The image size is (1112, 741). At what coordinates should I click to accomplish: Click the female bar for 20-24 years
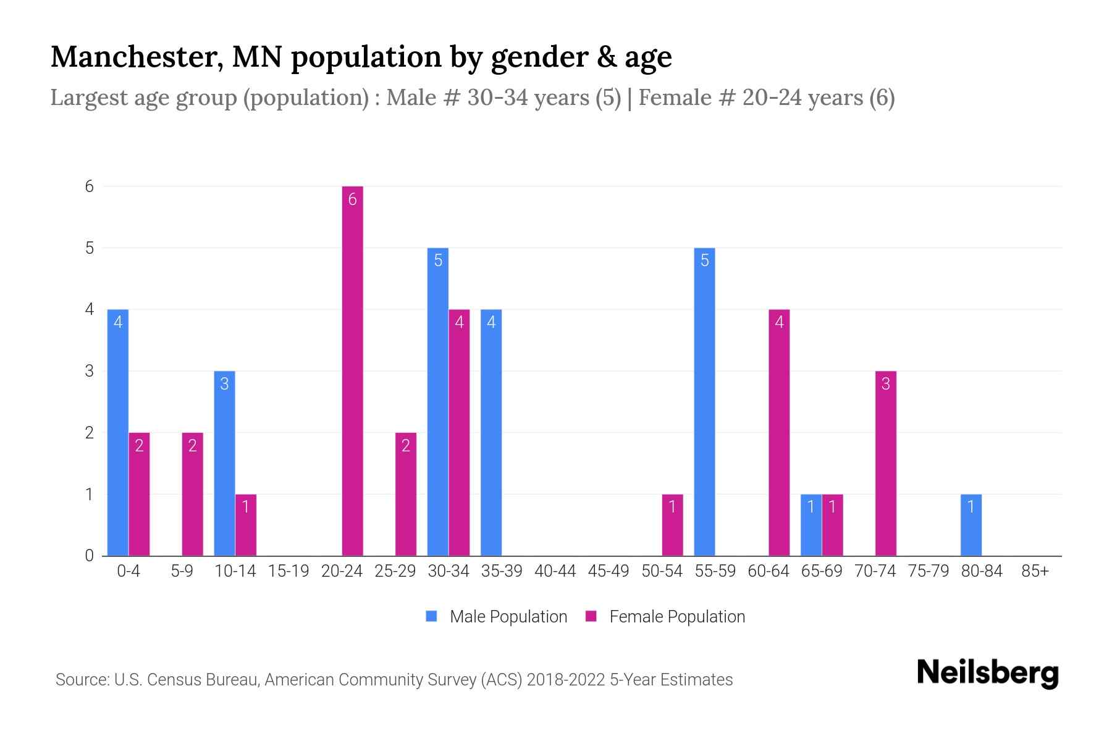352,371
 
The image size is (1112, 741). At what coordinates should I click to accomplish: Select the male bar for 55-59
704,401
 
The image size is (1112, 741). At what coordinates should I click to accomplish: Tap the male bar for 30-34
437,401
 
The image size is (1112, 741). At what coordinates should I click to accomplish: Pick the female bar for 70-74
885,463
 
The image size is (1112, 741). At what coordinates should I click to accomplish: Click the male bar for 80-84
971,525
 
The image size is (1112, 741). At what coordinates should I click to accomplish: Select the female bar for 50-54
672,525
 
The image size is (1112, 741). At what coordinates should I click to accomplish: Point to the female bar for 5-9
192,494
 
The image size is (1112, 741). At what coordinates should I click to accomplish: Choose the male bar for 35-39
491,432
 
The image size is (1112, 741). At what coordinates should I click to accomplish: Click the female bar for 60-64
779,432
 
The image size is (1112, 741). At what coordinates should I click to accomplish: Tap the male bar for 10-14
224,463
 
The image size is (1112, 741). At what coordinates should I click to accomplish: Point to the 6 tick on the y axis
90,186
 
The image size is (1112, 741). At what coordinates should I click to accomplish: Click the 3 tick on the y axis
90,371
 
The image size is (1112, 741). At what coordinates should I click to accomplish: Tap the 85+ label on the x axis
1035,571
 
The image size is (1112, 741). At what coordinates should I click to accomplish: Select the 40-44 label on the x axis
555,571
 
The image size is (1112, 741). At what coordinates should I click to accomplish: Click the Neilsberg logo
987,672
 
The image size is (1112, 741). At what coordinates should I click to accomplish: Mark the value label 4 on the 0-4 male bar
117,322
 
